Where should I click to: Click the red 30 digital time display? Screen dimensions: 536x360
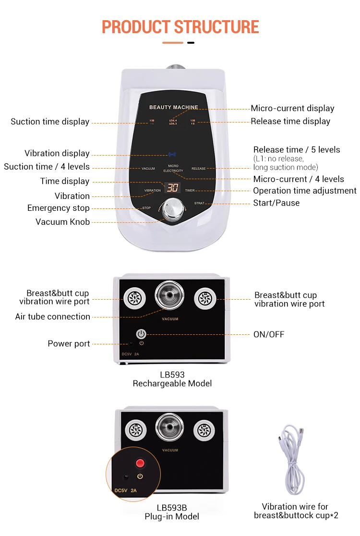pos(172,187)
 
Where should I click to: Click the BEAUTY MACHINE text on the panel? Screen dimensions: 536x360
pos(173,108)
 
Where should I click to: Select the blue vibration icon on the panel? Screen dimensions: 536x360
pos(172,155)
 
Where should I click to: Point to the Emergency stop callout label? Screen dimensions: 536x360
pos(59,208)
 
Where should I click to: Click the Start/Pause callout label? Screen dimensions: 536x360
pos(276,203)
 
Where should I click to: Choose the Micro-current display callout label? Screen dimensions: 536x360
pos(292,109)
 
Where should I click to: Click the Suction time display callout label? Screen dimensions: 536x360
pos(50,122)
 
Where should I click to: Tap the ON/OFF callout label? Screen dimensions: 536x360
pos(269,334)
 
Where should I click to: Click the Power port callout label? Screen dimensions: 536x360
pos(69,343)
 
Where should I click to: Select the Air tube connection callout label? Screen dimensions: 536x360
pos(53,317)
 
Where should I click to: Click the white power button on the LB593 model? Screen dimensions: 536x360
pos(141,334)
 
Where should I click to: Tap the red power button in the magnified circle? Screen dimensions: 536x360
pos(140,463)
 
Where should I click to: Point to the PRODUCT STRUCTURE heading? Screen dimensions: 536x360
pos(180,26)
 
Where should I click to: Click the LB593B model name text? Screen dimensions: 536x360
pos(171,508)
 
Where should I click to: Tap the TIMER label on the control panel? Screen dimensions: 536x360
pos(190,191)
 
